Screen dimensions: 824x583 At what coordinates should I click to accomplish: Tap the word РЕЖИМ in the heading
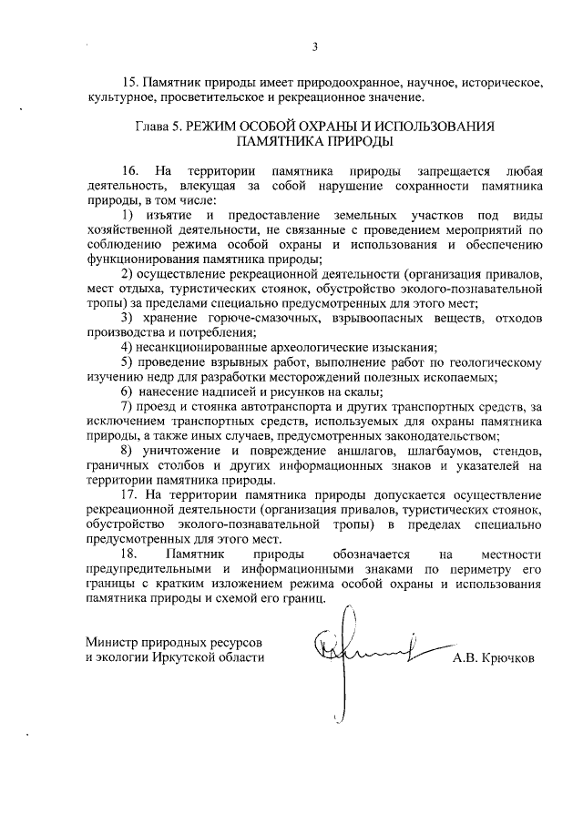(217, 127)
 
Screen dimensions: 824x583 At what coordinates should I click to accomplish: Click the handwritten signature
(364, 651)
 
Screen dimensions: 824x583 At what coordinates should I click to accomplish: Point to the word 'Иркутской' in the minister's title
(189, 657)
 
